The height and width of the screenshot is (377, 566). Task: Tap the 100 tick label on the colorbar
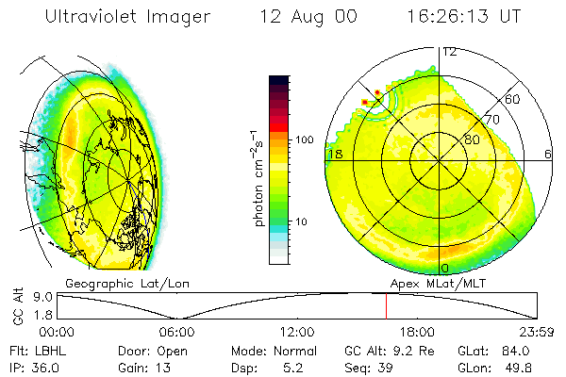pyautogui.click(x=303, y=139)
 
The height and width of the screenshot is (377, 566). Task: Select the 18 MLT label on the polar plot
pyautogui.click(x=334, y=154)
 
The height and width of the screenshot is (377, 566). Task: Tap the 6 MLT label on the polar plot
pyautogui.click(x=548, y=154)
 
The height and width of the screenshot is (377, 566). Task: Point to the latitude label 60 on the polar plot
pyautogui.click(x=513, y=99)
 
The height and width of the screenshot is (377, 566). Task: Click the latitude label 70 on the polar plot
pyautogui.click(x=491, y=120)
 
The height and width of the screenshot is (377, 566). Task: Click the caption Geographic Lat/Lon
pyautogui.click(x=117, y=283)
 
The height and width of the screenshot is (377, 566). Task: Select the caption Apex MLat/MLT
pyautogui.click(x=435, y=283)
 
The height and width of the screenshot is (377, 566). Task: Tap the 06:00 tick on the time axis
pyautogui.click(x=176, y=332)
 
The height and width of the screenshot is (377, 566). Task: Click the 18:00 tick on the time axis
pyautogui.click(x=416, y=332)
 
